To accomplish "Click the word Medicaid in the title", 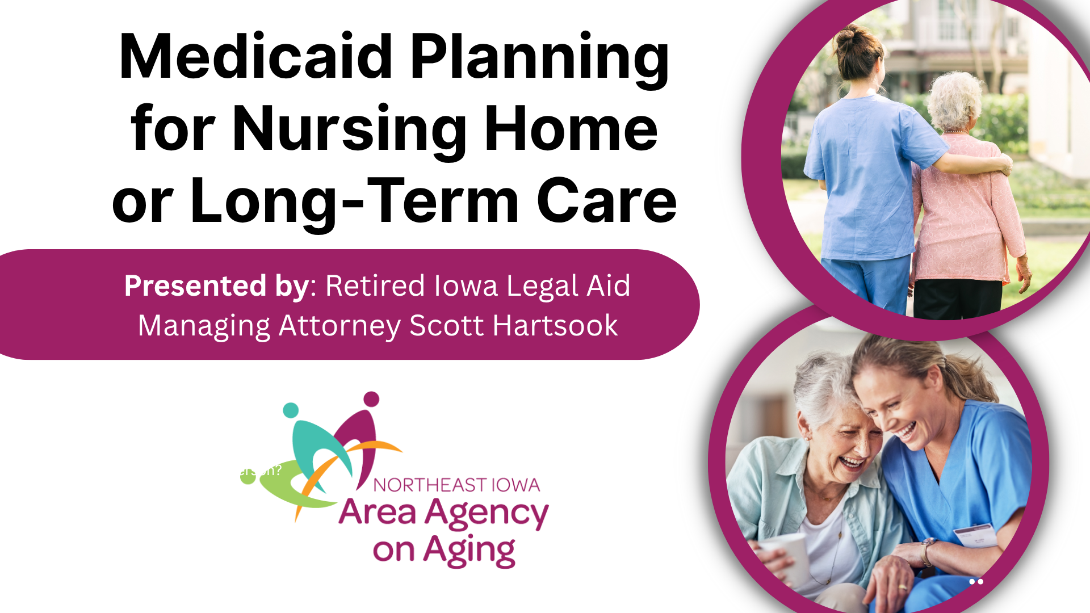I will coord(255,57).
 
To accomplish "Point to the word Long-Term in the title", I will coord(355,201).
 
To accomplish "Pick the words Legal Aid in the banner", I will coord(568,285).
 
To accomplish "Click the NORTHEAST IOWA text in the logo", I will coord(456,485).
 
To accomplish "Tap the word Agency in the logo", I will coord(487,514).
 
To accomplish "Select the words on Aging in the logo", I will coord(444,551).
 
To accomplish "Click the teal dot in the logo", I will coord(291,410).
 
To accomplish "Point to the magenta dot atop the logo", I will coord(371,399).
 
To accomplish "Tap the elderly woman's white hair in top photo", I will coord(955,96).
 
